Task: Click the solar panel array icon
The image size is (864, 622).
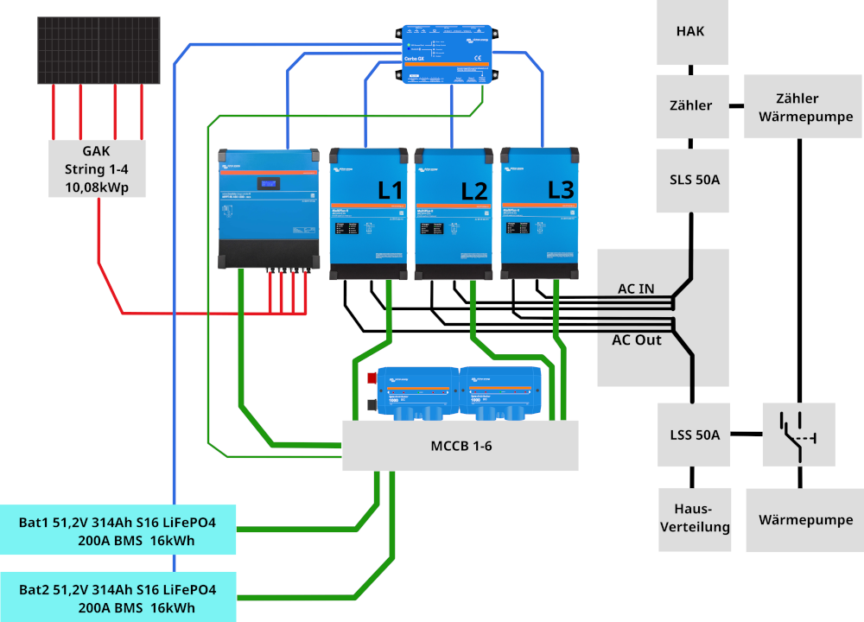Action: click(x=98, y=50)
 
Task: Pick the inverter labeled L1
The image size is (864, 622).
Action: click(x=369, y=212)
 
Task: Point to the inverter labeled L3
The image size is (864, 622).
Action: click(x=540, y=212)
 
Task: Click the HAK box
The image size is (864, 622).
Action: click(x=690, y=32)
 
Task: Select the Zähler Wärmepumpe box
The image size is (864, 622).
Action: click(x=797, y=106)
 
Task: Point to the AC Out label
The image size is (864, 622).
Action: click(x=637, y=340)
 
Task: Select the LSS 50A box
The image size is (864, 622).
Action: click(x=694, y=435)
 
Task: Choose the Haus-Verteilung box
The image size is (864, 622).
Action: click(x=695, y=519)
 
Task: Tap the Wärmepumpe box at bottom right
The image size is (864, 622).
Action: click(x=805, y=519)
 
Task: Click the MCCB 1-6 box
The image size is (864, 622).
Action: click(x=461, y=446)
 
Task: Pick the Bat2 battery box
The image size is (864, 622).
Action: click(x=118, y=599)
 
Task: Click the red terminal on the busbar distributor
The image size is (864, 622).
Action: click(x=372, y=378)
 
